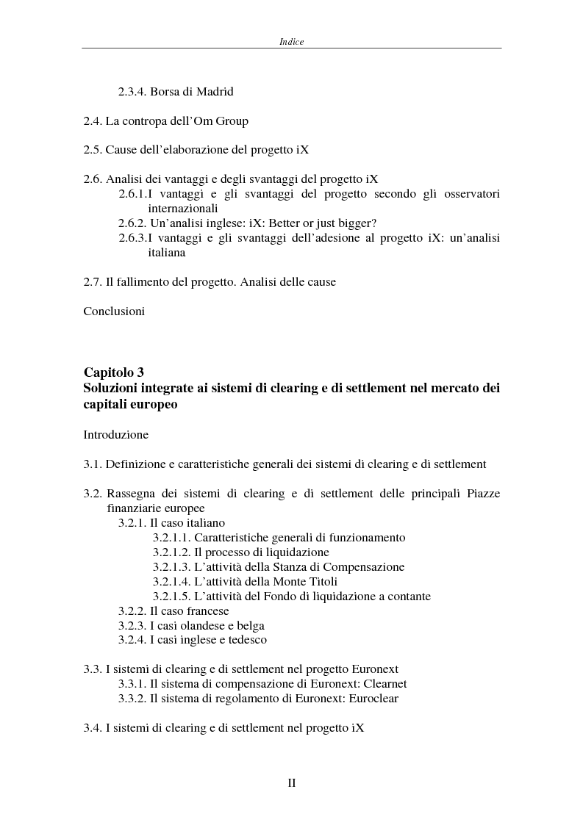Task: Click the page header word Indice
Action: [x=291, y=42]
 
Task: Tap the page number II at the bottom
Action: [x=291, y=783]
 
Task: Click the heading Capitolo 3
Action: [x=118, y=373]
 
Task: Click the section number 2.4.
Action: [x=93, y=120]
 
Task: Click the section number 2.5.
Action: [x=93, y=149]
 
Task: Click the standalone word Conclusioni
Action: [x=114, y=311]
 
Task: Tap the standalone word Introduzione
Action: [x=116, y=434]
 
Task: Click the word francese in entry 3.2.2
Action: [x=207, y=610]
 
